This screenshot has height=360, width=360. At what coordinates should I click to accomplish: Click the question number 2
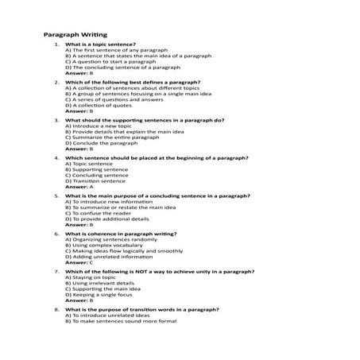56,83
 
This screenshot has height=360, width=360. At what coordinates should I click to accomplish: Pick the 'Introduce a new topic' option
95,126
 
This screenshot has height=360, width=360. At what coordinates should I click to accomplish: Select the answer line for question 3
79,149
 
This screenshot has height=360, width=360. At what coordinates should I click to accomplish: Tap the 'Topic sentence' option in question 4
91,164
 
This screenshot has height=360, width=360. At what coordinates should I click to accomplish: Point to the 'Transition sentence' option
96,181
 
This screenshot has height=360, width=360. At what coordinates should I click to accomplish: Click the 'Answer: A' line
79,187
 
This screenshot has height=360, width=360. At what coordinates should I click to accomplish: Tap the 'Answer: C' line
79,262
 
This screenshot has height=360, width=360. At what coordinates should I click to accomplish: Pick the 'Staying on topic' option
92,277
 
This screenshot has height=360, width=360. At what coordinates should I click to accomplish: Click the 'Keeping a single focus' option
100,295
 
